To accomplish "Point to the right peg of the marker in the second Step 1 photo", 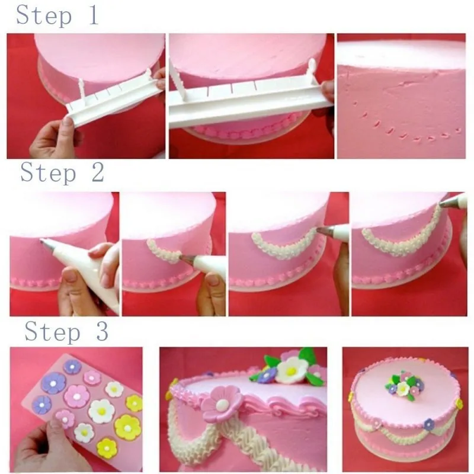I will [x=312, y=71].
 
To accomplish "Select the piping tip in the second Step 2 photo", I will [x=188, y=258].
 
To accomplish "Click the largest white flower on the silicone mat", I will [x=101, y=411].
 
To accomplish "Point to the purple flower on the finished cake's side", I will [x=429, y=424].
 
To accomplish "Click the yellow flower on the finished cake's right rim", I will [x=459, y=403].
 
